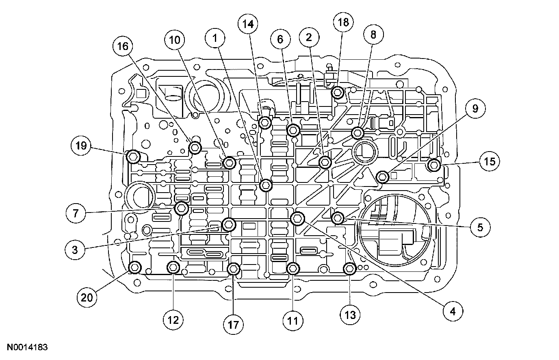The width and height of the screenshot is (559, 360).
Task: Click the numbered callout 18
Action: coord(343,22)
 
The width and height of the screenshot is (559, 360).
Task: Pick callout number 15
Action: coord(490,161)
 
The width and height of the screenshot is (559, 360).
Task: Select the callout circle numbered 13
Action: coord(350,314)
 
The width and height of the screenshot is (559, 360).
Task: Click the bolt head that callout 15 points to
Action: coord(434,165)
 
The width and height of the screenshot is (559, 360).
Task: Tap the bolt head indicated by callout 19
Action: coord(133,156)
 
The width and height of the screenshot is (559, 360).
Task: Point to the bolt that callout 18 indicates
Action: coord(338,93)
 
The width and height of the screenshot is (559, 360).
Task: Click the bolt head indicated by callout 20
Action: coord(134,267)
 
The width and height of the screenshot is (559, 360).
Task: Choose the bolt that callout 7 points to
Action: coord(181,208)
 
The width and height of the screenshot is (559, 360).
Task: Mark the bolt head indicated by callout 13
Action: coord(350,269)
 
